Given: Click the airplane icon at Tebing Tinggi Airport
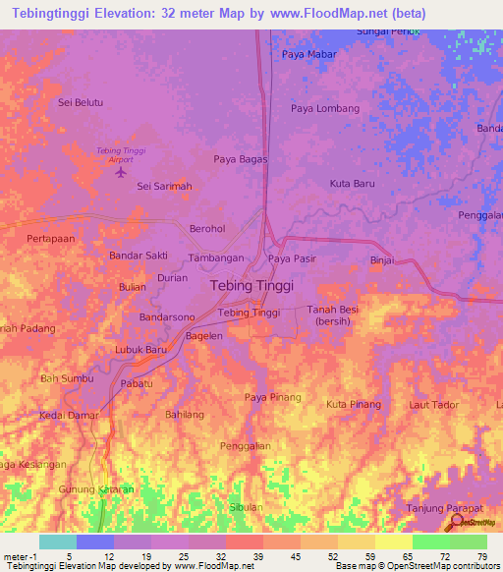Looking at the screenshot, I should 121,173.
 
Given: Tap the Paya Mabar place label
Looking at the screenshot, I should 308,55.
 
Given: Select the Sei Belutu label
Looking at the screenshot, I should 81,101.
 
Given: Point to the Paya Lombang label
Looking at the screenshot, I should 324,108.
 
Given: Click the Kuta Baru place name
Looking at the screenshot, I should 352,184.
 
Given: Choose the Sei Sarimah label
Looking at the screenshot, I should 164,186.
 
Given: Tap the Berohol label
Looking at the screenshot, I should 207,229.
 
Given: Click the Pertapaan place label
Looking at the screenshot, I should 51,239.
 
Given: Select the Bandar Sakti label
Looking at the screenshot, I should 138,256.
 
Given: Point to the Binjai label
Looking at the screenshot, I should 381,260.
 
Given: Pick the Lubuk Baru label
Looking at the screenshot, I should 140,349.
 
